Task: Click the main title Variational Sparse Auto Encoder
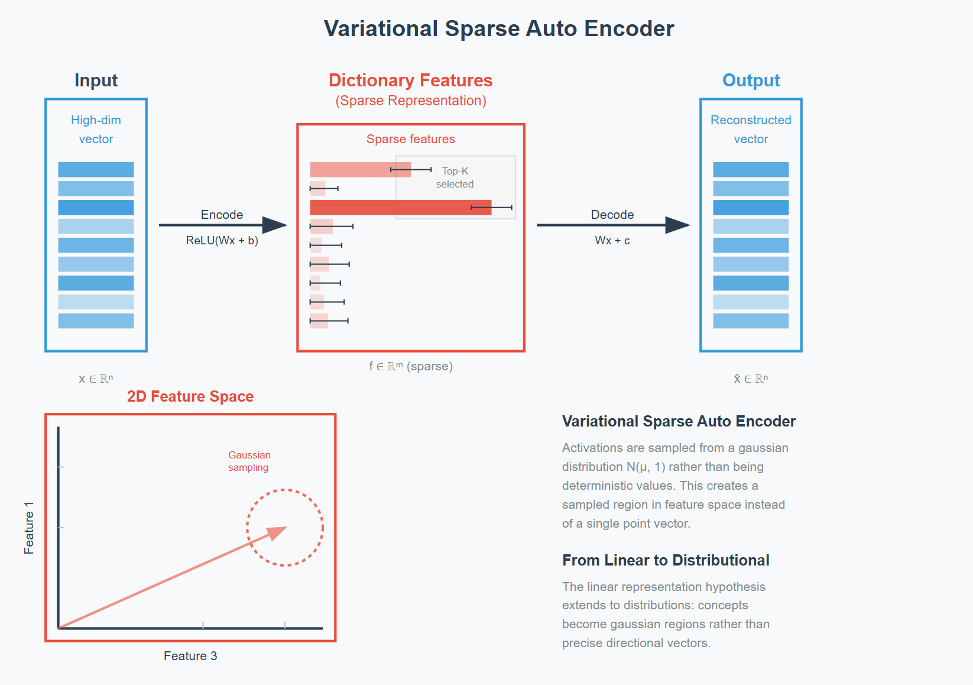[x=499, y=29]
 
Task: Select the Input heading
[x=96, y=80]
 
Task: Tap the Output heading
[x=751, y=80]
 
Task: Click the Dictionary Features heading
[x=410, y=80]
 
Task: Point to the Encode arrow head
[x=275, y=225]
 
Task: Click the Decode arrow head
[x=678, y=225]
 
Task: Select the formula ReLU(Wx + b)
[x=222, y=241]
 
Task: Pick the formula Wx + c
[x=612, y=241]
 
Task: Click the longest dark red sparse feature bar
[x=400, y=208]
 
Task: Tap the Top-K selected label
[x=455, y=177]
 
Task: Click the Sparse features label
[x=410, y=139]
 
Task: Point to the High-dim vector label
[x=96, y=130]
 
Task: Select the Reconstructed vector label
[x=751, y=130]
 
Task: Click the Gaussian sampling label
[x=249, y=461]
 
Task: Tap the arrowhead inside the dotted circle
[x=277, y=532]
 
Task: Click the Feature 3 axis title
[x=190, y=656]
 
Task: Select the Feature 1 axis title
[x=29, y=528]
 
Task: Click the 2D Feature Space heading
[x=190, y=396]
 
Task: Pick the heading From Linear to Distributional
[x=666, y=560]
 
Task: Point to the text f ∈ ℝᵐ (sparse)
[x=411, y=366]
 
